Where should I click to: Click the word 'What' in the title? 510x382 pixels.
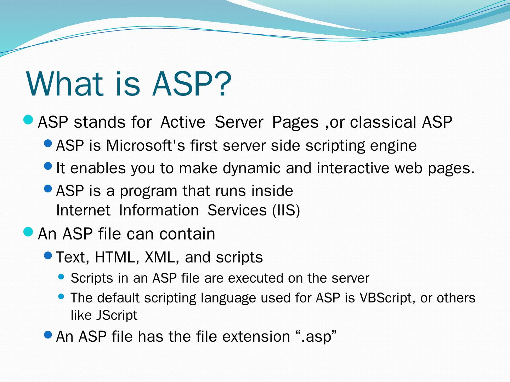(x=64, y=83)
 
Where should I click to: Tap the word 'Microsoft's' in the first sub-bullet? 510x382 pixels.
(x=146, y=146)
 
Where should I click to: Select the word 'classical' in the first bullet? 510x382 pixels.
(x=382, y=122)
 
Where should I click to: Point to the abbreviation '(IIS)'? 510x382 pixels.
(x=286, y=210)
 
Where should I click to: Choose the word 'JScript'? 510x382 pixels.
(x=117, y=315)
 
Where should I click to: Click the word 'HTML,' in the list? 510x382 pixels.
(x=117, y=257)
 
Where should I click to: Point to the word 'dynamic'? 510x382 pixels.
(x=251, y=168)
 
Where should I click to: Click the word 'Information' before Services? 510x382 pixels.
(x=159, y=210)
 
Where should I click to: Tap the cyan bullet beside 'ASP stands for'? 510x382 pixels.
(x=28, y=120)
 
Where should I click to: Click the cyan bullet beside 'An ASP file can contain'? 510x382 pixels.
(x=28, y=231)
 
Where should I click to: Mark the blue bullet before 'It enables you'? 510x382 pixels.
(x=48, y=166)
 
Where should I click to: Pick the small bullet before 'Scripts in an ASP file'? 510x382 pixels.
(x=61, y=277)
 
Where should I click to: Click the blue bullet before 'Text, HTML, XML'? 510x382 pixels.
(x=48, y=255)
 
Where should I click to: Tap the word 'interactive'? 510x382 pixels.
(x=353, y=168)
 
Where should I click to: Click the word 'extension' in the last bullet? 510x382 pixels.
(x=256, y=336)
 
